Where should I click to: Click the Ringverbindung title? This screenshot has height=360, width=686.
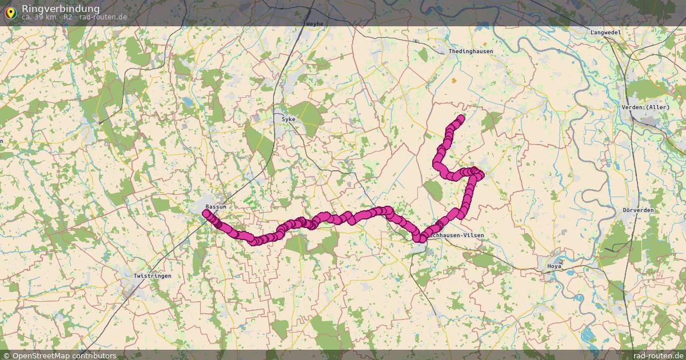pyautogui.click(x=60, y=9)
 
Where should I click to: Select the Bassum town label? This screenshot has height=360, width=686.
pyautogui.click(x=216, y=206)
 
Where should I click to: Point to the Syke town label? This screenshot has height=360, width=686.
pyautogui.click(x=288, y=119)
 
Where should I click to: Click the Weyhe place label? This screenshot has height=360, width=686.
pyautogui.click(x=314, y=24)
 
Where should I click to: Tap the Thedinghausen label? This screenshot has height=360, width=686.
pyautogui.click(x=470, y=51)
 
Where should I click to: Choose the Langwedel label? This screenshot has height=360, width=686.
pyautogui.click(x=605, y=33)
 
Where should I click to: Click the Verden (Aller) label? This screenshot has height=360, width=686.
pyautogui.click(x=645, y=107)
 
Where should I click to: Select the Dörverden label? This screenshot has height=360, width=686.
pyautogui.click(x=638, y=210)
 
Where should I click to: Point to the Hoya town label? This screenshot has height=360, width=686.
pyautogui.click(x=555, y=266)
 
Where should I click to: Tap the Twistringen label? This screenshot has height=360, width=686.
pyautogui.click(x=152, y=276)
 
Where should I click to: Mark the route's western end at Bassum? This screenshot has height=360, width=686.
pyautogui.click(x=206, y=213)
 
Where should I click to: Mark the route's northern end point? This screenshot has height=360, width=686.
pyautogui.click(x=461, y=118)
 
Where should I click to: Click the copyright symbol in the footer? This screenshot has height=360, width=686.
pyautogui.click(x=6, y=355)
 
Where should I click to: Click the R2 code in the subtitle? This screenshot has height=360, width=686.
pyautogui.click(x=68, y=17)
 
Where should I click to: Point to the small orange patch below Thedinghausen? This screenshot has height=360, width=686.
pyautogui.click(x=454, y=81)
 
